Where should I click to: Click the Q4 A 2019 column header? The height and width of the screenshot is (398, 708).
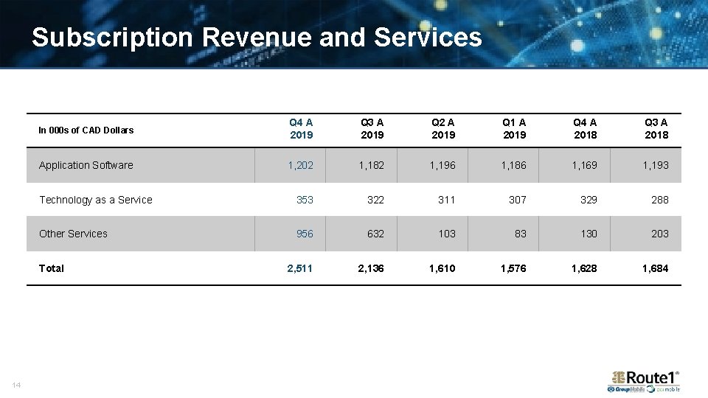pos(301,129)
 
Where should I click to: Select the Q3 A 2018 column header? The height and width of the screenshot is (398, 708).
pos(656,129)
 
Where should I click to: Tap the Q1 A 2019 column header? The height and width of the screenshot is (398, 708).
pos(514,129)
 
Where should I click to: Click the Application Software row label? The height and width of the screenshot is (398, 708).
pos(86,165)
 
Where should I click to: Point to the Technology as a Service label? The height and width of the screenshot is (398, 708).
pos(96,200)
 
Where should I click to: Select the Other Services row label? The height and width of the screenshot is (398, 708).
pos(73,234)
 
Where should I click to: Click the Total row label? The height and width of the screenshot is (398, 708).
pos(52,268)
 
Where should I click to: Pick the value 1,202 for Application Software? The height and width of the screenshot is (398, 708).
pos(301,165)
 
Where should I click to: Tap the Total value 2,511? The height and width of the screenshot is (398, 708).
pos(300,268)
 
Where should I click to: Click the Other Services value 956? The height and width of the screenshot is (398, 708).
pos(305,234)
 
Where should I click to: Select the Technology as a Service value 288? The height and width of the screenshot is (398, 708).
pos(659,200)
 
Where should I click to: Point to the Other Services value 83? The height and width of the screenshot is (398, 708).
pos(521,234)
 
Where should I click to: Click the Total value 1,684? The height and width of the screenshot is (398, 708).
pos(655,268)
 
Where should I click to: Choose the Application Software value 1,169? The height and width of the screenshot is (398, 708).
pos(584,165)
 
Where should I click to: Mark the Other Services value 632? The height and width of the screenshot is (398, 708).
pos(375,234)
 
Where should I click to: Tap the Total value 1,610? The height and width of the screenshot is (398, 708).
pos(442,268)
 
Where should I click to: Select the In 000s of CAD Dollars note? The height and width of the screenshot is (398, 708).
pos(86,130)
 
